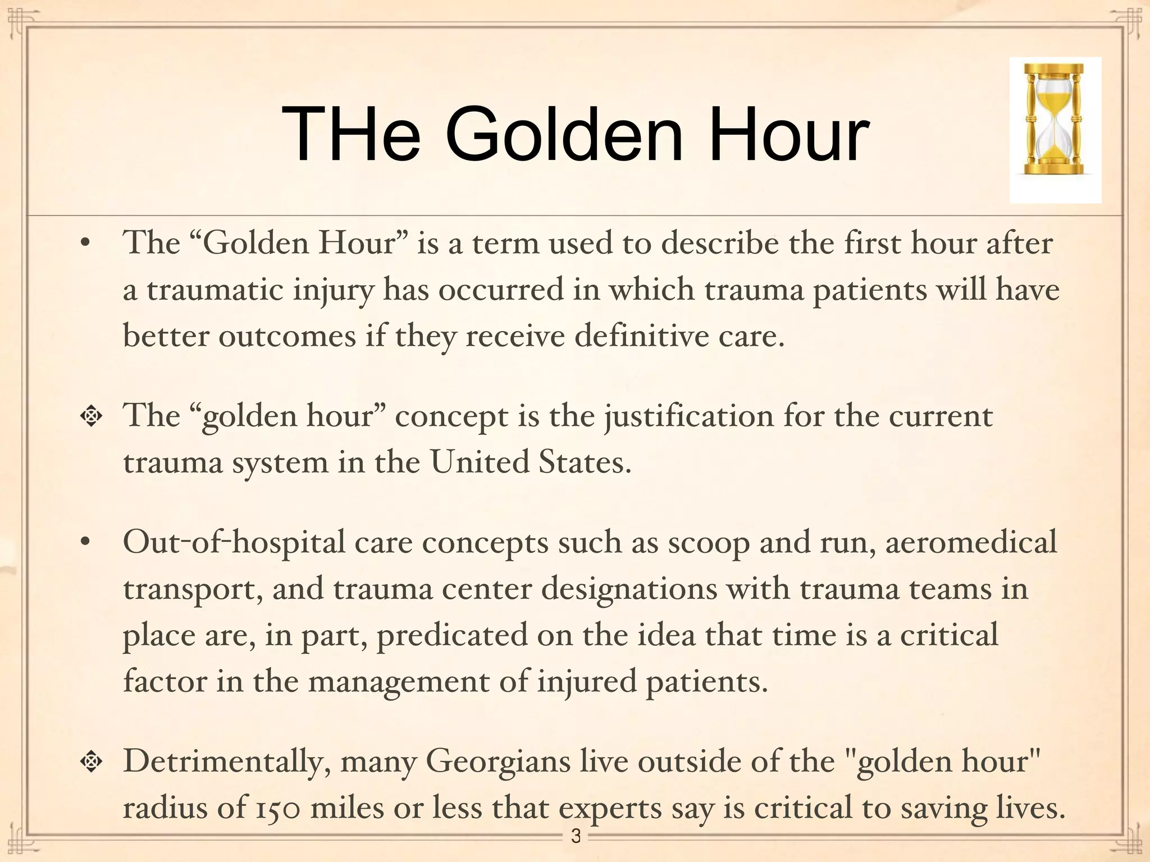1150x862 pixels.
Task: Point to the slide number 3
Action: [576, 836]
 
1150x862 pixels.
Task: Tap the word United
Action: [480, 463]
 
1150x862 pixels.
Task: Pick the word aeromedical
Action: [971, 543]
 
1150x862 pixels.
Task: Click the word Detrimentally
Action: [227, 762]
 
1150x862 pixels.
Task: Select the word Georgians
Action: [498, 762]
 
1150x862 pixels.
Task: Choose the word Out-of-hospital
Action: [234, 543]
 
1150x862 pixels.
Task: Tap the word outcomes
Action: [287, 337]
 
